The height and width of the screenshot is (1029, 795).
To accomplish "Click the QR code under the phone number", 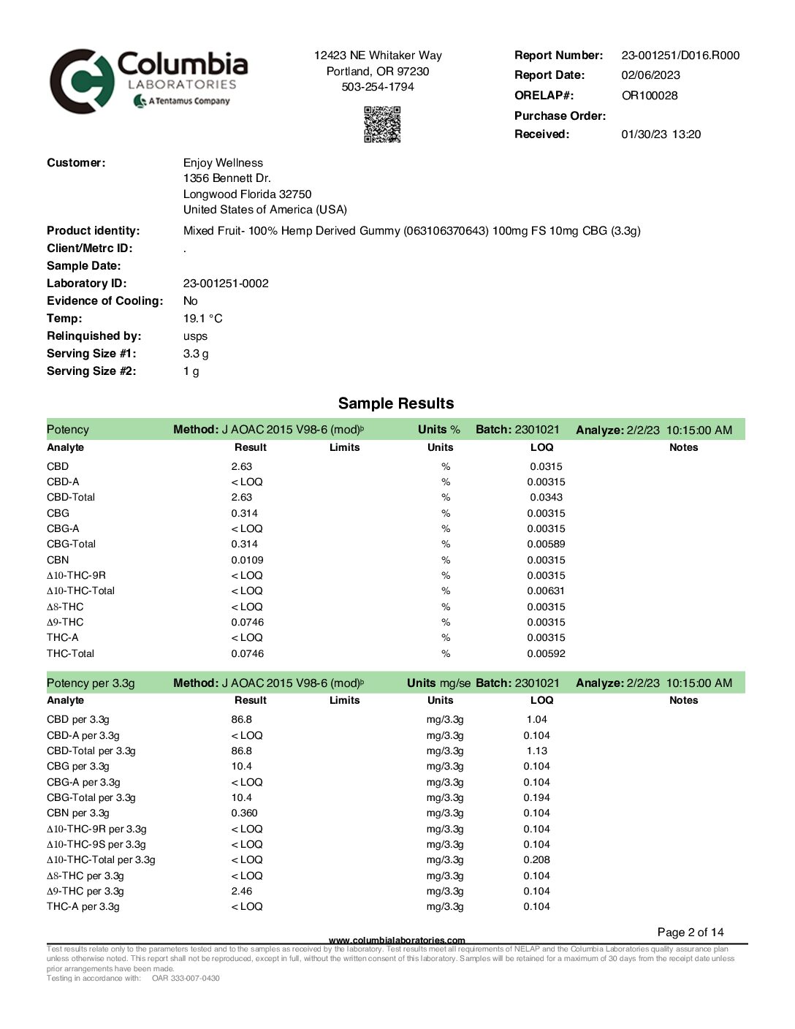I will click(x=382, y=124).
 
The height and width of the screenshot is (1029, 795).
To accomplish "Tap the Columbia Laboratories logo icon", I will click(x=82, y=81).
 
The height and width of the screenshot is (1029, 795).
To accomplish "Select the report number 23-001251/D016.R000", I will click(x=680, y=56).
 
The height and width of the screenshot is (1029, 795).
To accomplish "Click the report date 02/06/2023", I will click(x=650, y=75).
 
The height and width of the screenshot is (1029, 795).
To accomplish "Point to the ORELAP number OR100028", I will click(x=649, y=96).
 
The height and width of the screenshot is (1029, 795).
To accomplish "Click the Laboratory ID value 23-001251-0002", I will click(x=226, y=284).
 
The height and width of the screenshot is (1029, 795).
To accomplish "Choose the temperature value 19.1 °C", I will click(x=202, y=319).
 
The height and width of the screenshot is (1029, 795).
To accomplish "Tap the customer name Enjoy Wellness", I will click(x=223, y=163).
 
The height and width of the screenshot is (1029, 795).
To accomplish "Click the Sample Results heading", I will click(x=396, y=403).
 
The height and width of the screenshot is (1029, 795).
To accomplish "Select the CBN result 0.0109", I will click(x=247, y=561).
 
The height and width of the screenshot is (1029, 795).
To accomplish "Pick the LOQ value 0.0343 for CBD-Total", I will click(x=546, y=498).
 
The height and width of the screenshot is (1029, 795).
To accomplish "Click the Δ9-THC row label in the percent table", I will click(x=65, y=623).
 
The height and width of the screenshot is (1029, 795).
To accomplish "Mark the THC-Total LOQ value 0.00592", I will click(x=546, y=654).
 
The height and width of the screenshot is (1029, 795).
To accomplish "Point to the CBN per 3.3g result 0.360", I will click(x=244, y=813).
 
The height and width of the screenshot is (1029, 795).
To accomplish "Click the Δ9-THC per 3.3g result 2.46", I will click(x=241, y=892).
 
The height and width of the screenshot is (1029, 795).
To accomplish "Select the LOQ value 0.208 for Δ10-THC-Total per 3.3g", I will click(x=536, y=860).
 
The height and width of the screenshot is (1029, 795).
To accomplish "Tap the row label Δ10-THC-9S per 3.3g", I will click(x=96, y=845).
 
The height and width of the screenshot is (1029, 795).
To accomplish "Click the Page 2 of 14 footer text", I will click(x=690, y=933).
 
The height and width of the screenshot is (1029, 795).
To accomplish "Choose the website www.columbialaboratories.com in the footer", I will click(x=397, y=941).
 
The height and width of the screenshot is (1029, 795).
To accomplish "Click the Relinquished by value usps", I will click(x=195, y=336).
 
